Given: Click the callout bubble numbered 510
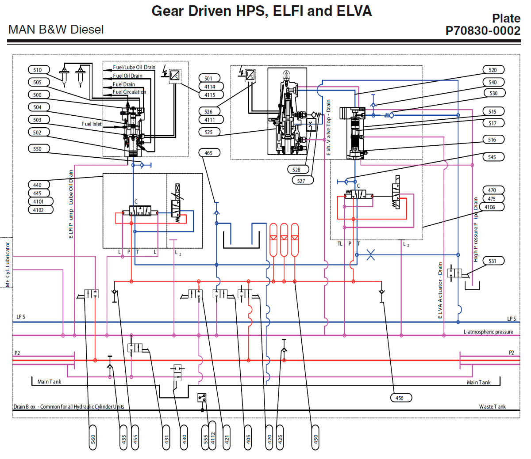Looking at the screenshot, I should [38, 70].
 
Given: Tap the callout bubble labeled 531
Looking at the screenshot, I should [493, 261].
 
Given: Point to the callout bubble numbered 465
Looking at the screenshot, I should [209, 153].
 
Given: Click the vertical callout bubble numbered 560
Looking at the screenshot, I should [93, 438].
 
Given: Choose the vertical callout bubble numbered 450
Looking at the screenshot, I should [315, 438].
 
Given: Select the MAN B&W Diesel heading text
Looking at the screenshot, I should [56, 30].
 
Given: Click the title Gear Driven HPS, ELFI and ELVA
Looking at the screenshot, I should [262, 11].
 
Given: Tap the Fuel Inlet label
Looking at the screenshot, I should [91, 124].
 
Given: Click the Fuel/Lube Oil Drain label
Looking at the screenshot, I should [134, 67].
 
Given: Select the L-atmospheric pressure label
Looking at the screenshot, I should [488, 332].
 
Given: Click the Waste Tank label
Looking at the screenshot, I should [492, 406].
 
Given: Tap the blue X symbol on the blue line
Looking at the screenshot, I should [371, 255].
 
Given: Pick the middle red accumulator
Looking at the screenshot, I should [284, 239].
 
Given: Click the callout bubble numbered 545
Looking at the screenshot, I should [493, 157].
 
